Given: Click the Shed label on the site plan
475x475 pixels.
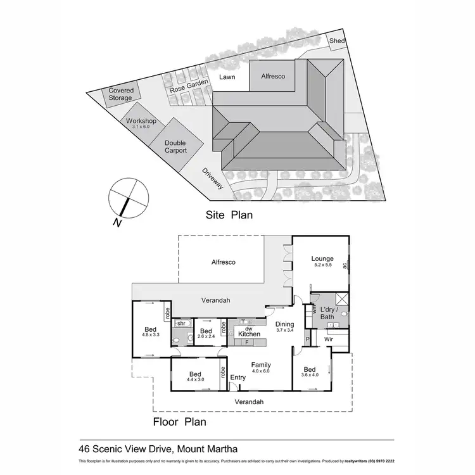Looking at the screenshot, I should pyautogui.click(x=338, y=41).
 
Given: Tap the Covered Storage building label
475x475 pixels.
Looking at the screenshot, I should pyautogui.click(x=120, y=94).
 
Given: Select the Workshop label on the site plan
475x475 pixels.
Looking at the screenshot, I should pyautogui.click(x=141, y=121).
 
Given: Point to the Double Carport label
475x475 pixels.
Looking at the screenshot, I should pyautogui.click(x=175, y=147).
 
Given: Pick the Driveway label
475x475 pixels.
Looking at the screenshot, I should pyautogui.click(x=213, y=179).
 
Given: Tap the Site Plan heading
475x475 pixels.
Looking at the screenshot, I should pyautogui.click(x=229, y=215).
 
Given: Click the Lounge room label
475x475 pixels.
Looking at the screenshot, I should pyautogui.click(x=322, y=258).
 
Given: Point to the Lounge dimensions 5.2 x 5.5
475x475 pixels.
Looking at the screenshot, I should pyautogui.click(x=322, y=265).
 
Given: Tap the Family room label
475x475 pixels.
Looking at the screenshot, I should pyautogui.click(x=261, y=365).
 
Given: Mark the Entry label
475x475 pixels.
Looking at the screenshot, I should pyautogui.click(x=237, y=378).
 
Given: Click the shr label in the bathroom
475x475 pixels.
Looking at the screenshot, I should pyautogui.click(x=180, y=324).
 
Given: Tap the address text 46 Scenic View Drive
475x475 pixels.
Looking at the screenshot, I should pyautogui.click(x=158, y=449).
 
